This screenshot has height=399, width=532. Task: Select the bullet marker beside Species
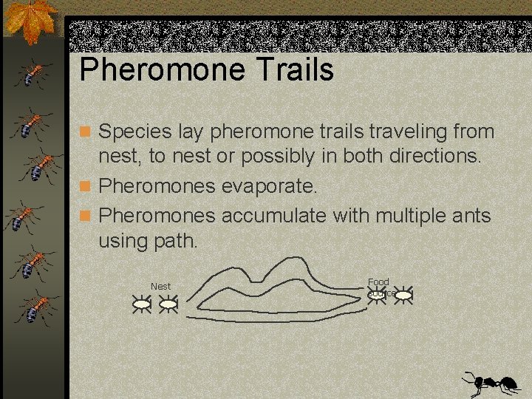click(87, 132)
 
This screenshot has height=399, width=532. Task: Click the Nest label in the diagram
click(160, 286)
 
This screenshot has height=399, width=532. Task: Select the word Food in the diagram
click(378, 282)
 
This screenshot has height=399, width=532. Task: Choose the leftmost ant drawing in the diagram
click(140, 303)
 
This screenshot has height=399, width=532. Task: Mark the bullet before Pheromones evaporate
click(87, 186)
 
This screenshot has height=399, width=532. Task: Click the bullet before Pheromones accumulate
click(87, 215)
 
